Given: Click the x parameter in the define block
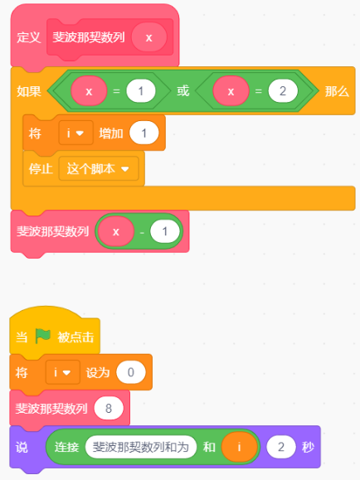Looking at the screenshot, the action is tap(149, 37).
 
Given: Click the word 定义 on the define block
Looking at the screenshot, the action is tap(28, 37).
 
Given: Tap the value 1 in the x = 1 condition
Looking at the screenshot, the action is tap(141, 91).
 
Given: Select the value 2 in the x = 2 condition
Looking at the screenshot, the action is tap(283, 91).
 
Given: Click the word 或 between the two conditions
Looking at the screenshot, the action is tap(183, 91).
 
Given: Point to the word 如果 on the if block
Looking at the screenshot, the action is tap(29, 91).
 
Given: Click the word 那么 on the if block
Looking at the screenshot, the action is tap(337, 91).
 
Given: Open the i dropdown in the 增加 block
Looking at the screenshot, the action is tap(76, 133).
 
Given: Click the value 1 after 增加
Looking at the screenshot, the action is tap(144, 133).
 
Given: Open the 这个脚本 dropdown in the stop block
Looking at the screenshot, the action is tap(99, 168).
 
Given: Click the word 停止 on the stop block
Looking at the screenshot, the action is tap(41, 168).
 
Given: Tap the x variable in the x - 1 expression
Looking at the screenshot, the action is tap(116, 231).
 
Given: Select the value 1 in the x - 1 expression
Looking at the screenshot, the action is tap(165, 231).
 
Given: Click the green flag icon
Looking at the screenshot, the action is tap(42, 336).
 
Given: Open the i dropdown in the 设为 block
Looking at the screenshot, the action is tap(63, 372).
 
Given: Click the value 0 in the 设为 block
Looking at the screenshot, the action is tap(131, 372).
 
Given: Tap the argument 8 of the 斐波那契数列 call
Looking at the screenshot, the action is tap(109, 408).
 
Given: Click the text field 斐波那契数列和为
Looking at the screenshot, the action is tap(141, 447).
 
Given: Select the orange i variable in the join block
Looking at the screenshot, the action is tap(239, 447).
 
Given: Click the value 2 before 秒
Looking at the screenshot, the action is tap(281, 447).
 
